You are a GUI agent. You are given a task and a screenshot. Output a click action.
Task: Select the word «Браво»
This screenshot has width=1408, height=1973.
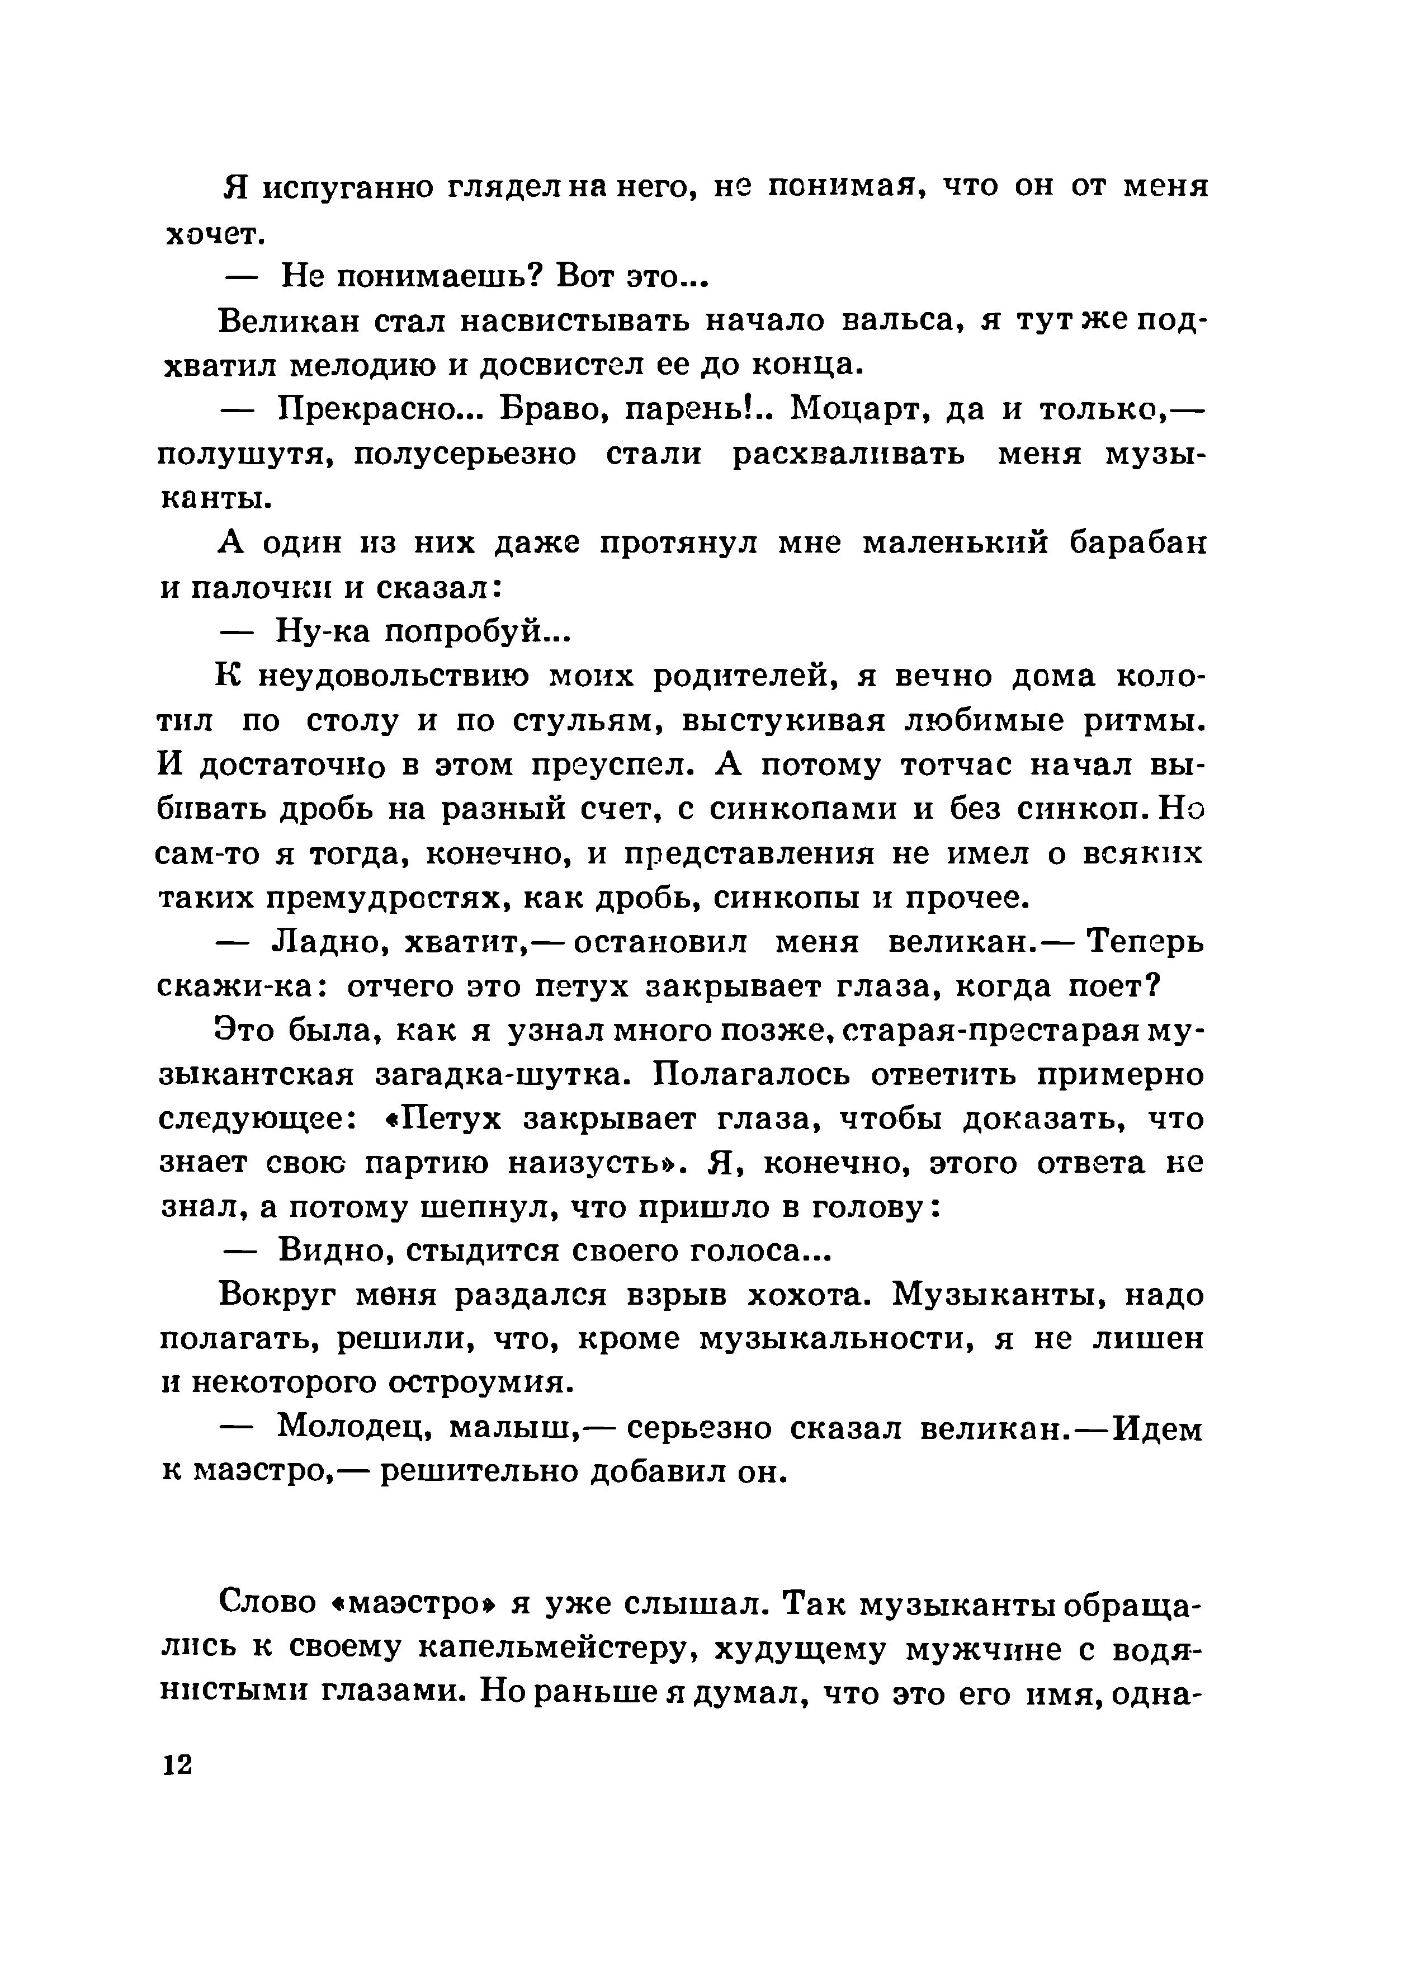pyautogui.click(x=554, y=410)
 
